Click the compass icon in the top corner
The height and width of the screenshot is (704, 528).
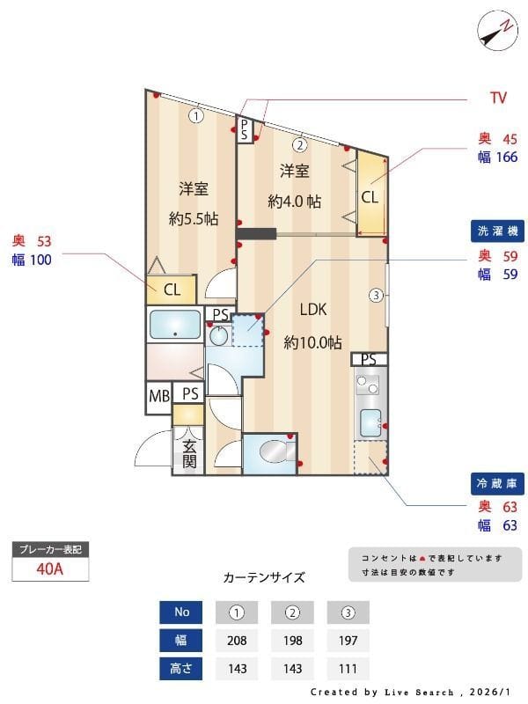(496, 31)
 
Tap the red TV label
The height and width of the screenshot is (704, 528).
(497, 99)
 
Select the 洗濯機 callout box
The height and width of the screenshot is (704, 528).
(498, 231)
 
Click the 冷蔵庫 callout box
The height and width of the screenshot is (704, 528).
(498, 482)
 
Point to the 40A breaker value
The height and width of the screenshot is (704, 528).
(50, 568)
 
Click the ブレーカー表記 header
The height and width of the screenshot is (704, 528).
(50, 550)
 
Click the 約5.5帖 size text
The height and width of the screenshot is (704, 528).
(194, 219)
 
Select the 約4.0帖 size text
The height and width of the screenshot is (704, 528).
(294, 202)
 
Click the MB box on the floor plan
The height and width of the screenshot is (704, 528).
(158, 396)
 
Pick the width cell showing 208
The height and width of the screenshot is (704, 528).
(237, 640)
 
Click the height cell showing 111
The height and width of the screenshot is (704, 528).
(348, 668)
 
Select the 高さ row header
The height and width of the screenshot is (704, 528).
(181, 668)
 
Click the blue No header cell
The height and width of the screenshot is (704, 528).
(181, 612)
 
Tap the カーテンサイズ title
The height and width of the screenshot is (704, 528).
(264, 578)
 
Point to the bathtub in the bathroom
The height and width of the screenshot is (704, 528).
(174, 325)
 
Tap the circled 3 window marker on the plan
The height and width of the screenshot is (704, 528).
(376, 295)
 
